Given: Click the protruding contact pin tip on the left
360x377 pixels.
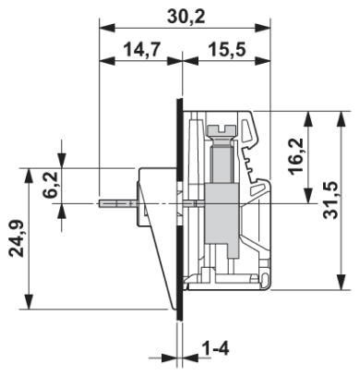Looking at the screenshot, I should point(100,203).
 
